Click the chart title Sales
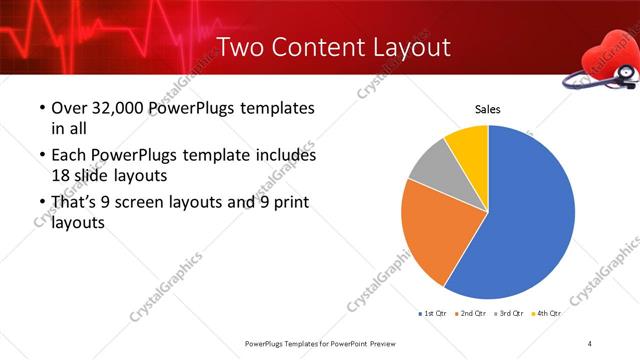[x=487, y=110]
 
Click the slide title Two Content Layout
[x=333, y=47]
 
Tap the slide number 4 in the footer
[x=590, y=343]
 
